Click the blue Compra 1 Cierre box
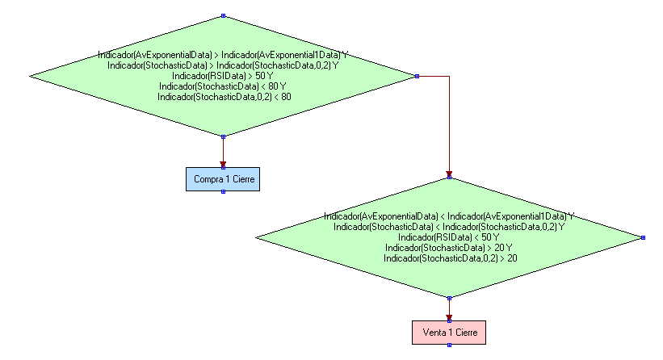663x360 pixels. tap(223, 178)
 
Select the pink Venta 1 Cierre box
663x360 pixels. tap(449, 333)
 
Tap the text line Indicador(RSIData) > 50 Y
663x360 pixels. tap(222, 76)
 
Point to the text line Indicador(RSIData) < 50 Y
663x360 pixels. tap(449, 237)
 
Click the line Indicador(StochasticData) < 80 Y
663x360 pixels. tap(223, 86)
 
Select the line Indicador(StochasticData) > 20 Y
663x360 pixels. tap(449, 248)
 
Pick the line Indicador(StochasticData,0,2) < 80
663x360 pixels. tap(223, 97)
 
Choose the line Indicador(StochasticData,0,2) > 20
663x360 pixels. tap(449, 258)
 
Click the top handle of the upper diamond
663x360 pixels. tap(223, 15)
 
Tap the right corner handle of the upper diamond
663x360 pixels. tap(416, 76)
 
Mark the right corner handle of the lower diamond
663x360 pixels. tap(643, 237)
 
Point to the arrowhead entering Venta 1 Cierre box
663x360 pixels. tap(449, 317)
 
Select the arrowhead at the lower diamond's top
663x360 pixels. tap(449, 174)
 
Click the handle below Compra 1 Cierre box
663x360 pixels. tap(223, 192)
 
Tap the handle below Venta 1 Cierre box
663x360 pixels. tap(449, 346)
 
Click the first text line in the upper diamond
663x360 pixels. tap(223, 55)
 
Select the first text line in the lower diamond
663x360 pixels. tap(449, 216)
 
